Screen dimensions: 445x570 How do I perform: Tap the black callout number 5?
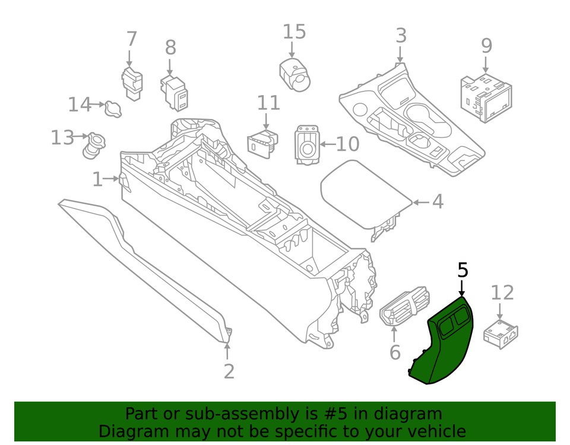(463, 270)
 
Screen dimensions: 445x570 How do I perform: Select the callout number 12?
(502, 292)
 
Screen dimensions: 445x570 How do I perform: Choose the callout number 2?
(229, 371)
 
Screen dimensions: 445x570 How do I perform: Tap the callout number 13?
(62, 138)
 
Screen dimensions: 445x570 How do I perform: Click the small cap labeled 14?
(113, 109)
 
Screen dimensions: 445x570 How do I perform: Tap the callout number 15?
(293, 32)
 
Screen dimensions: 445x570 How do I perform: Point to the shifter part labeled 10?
(306, 144)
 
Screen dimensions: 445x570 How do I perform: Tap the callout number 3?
(401, 36)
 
